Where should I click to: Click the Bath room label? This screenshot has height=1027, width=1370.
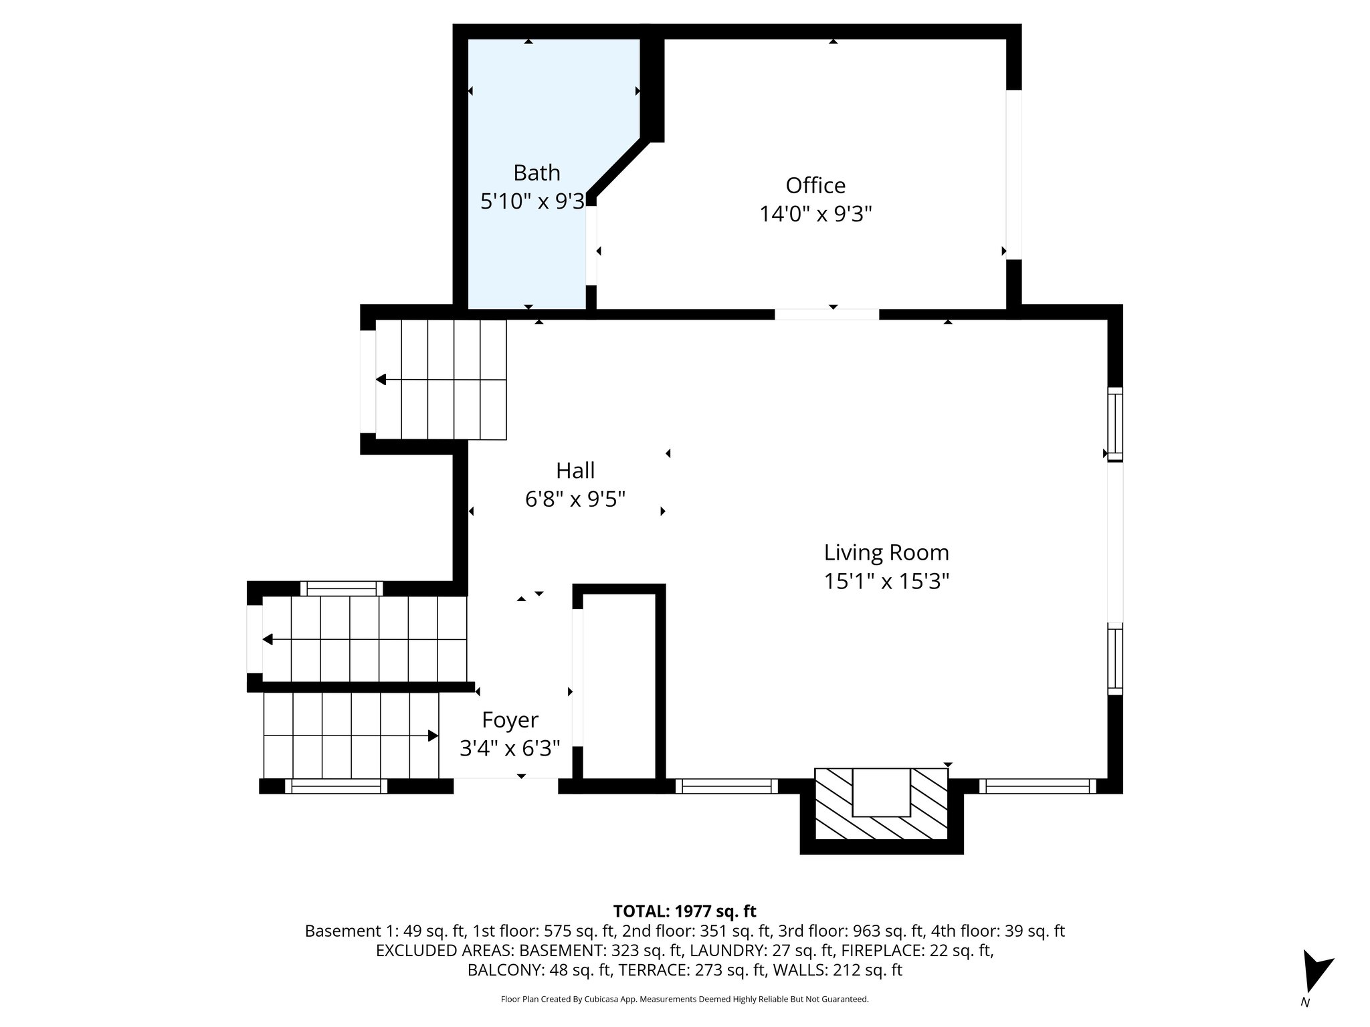(536, 173)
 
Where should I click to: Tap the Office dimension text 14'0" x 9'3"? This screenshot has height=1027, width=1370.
(815, 214)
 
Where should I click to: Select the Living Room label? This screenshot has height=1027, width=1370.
(886, 552)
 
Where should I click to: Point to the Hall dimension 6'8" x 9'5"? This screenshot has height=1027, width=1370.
(575, 499)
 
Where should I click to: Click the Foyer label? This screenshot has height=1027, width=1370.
(510, 719)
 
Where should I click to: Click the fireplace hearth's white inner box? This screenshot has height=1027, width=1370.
(881, 792)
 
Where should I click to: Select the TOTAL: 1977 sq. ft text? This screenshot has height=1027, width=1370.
(684, 911)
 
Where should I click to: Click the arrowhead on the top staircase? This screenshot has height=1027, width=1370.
(381, 380)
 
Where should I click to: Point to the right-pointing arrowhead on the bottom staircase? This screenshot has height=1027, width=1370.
(433, 735)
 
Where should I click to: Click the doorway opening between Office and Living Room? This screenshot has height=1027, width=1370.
(827, 314)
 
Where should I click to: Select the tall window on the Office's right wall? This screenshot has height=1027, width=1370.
(1013, 175)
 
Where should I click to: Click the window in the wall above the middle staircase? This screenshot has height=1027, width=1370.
(341, 588)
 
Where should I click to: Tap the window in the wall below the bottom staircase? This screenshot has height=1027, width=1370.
(336, 786)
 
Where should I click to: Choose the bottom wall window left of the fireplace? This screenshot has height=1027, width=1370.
(726, 786)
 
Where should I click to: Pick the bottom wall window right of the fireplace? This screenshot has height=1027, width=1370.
(1037, 786)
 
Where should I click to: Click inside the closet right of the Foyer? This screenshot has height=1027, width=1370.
(619, 685)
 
